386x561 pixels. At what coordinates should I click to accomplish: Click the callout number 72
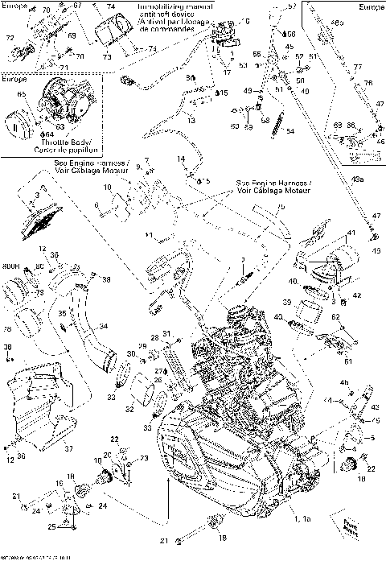coord(10,38)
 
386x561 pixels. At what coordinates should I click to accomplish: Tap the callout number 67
coord(78,6)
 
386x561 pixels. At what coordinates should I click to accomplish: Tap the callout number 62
coord(336,317)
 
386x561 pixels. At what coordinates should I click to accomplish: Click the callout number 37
coord(68,449)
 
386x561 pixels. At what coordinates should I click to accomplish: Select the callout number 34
coord(102,326)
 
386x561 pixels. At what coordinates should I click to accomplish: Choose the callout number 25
coord(52,526)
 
